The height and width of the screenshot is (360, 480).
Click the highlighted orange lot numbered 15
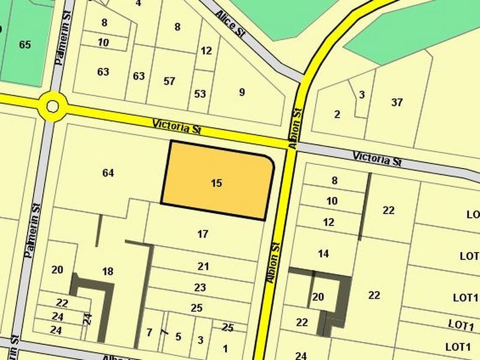coord(217,183)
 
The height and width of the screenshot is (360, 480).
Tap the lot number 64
coord(108,173)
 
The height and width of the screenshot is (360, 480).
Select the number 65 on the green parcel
coord(25,44)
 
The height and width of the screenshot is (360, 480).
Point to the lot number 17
coord(203,234)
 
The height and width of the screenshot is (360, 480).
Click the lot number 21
coord(203,266)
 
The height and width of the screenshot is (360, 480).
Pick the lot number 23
coord(200,287)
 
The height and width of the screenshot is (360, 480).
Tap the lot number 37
coord(397,102)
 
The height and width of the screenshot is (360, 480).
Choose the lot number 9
coord(242,92)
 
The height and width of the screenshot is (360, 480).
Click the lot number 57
coord(169,81)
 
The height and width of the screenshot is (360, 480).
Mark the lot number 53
coord(200,94)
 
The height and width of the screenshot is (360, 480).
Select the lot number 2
coord(337,114)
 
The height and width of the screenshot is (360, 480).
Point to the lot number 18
coord(108,271)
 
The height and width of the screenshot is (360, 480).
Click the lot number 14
coord(323,254)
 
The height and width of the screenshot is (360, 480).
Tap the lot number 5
coord(178,336)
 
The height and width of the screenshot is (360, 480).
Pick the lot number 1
coord(225,348)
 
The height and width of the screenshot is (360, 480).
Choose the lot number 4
coord(139,3)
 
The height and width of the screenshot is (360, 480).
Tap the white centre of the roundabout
coord(53,107)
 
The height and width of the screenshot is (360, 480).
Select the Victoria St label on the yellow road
coord(176,127)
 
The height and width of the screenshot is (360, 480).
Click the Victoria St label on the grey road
coord(377,159)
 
